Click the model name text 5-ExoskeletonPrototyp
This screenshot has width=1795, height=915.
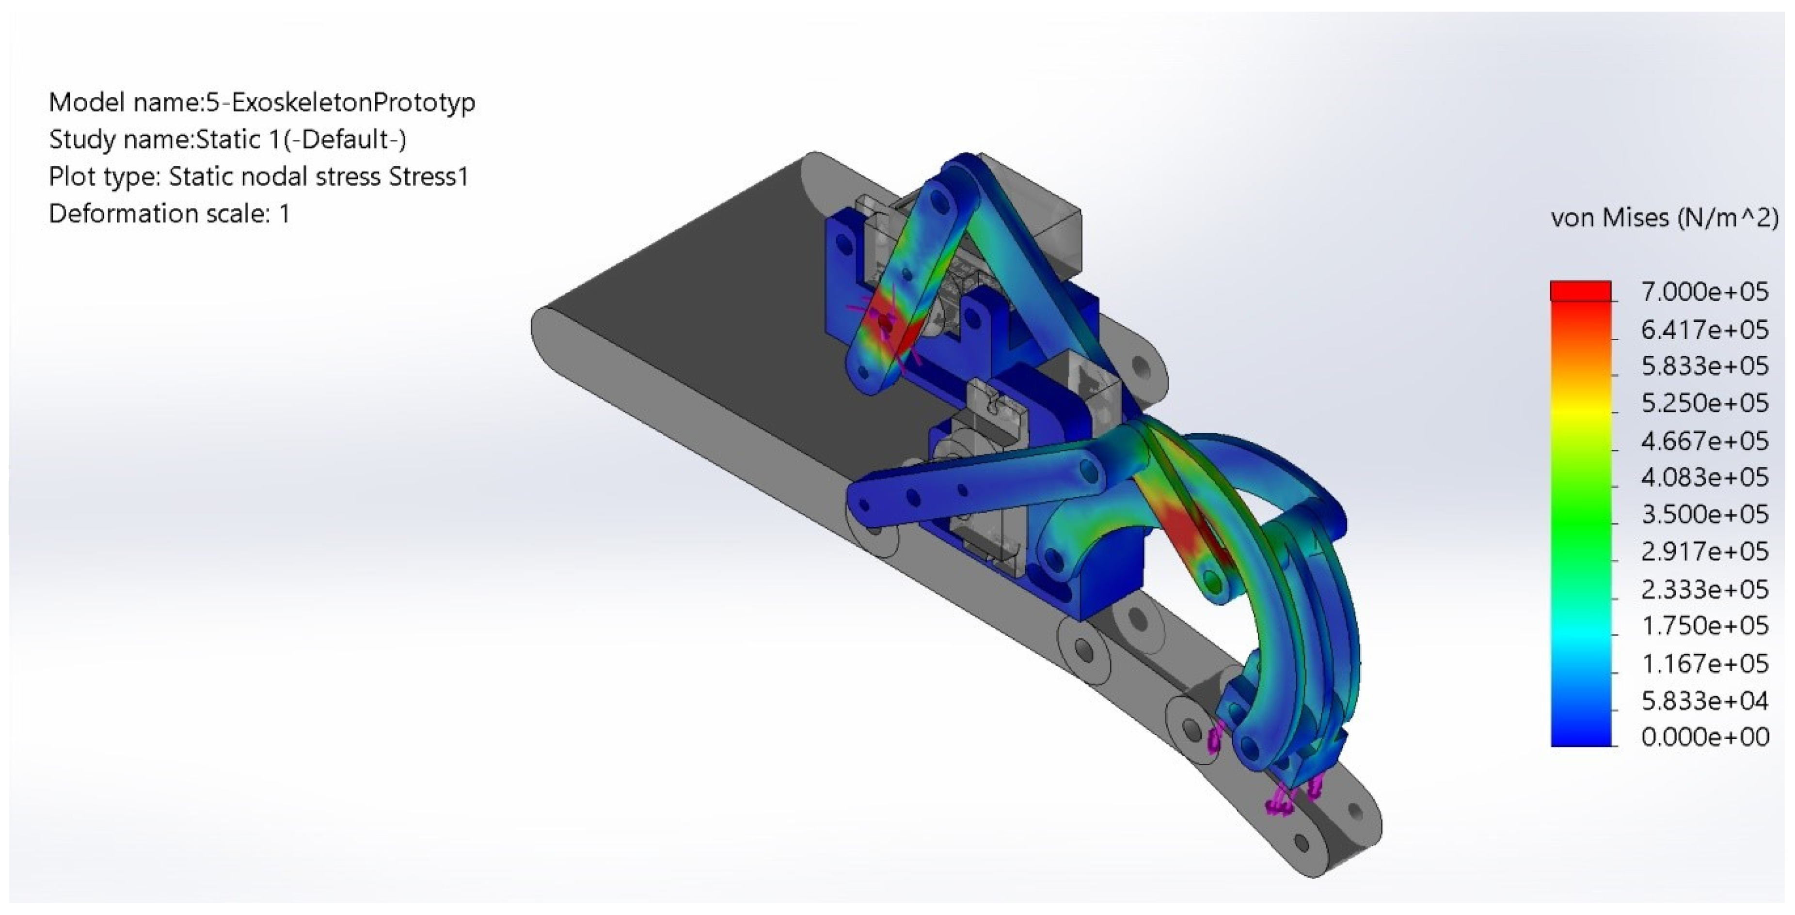tap(341, 102)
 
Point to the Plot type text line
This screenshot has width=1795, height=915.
tap(258, 176)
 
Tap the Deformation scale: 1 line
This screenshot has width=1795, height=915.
tap(169, 213)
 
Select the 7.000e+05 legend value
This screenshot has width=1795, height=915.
tap(1704, 291)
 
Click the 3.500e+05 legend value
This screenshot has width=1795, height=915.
tap(1704, 514)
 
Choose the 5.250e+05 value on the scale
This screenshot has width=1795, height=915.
tap(1704, 403)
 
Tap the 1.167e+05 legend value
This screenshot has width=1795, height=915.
tap(1704, 663)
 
